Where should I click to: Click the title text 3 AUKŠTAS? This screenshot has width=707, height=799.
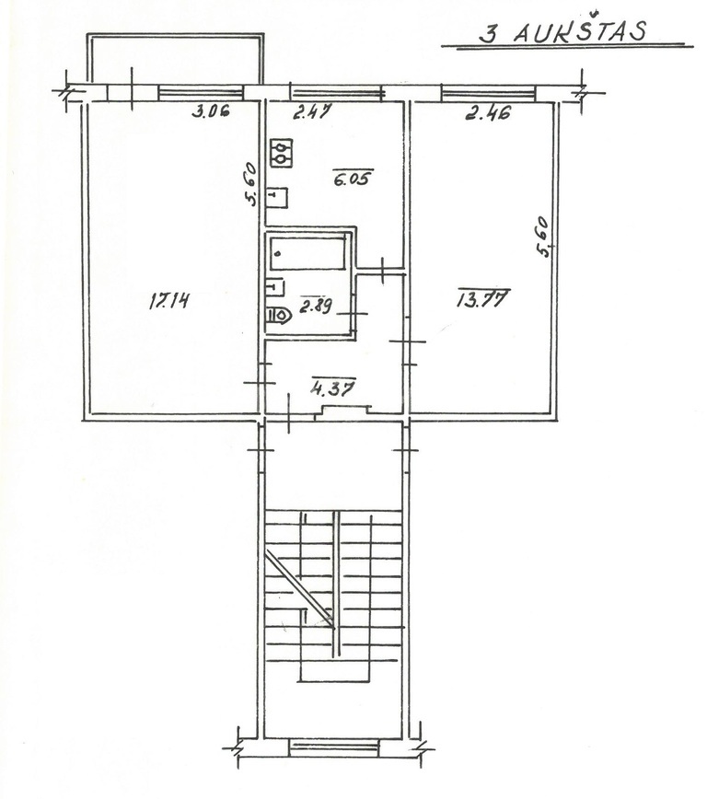coord(562,31)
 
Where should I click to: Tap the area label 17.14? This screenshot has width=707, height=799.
coord(168,301)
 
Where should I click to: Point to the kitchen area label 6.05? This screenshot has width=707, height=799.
coord(353,178)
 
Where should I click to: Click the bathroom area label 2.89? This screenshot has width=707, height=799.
coord(316,306)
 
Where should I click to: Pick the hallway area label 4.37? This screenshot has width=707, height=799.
coord(333,388)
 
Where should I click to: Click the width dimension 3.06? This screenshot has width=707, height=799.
coord(211,110)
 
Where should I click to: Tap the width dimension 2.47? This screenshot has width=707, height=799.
coord(312,111)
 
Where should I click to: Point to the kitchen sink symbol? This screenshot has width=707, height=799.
coord(277,198)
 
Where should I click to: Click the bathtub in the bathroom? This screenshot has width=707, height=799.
coord(307,253)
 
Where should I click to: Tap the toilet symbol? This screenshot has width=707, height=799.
coord(278,315)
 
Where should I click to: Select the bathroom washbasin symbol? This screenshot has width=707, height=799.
coord(275,287)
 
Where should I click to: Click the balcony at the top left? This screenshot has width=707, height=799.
coord(175,59)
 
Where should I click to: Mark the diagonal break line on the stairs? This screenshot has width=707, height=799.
coord(300,589)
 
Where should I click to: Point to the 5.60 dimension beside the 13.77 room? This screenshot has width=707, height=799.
coord(543,237)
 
